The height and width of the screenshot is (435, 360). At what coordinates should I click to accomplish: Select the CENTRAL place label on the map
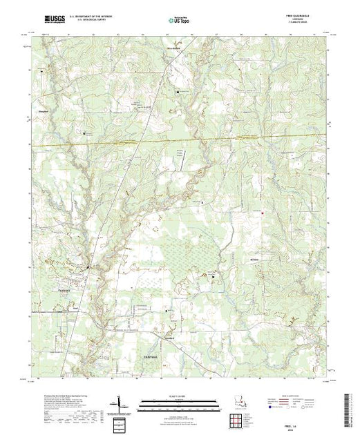point(151,356)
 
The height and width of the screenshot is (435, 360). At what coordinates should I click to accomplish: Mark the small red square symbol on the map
point(263,213)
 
